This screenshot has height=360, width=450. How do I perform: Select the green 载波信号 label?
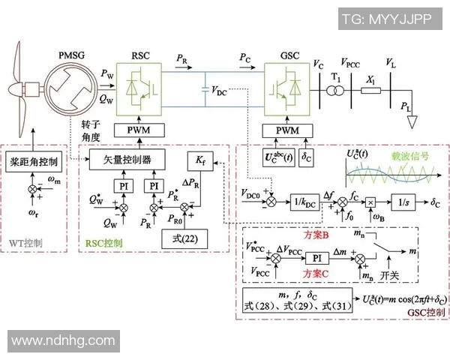tap(409, 157)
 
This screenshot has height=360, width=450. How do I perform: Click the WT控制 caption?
tap(28, 244)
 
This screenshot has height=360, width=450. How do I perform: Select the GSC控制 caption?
tap(425, 311)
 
